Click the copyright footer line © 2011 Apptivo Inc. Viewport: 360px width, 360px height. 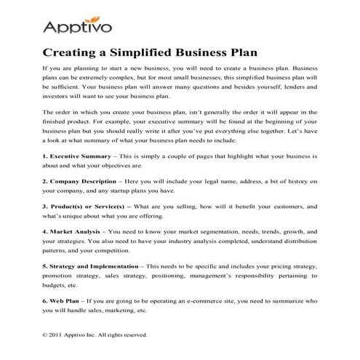95,335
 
